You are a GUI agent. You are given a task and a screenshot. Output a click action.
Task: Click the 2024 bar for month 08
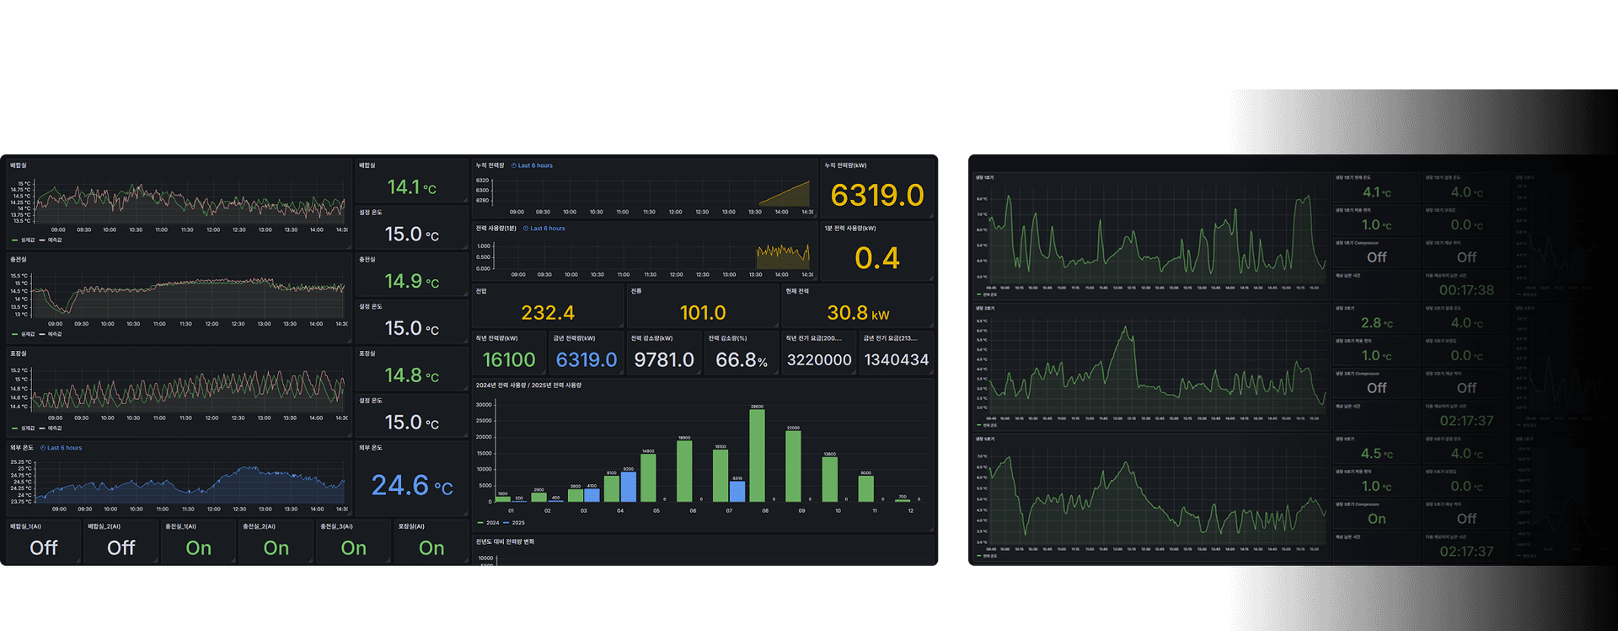(x=757, y=456)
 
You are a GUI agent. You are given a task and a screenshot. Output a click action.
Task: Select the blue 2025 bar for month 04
(x=628, y=487)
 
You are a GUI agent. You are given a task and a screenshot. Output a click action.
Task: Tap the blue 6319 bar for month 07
(x=737, y=491)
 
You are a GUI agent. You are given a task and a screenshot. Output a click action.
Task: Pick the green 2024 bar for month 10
(x=829, y=479)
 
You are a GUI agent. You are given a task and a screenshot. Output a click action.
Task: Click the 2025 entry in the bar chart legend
(x=514, y=523)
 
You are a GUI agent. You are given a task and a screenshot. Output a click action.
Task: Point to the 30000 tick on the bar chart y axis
(x=484, y=405)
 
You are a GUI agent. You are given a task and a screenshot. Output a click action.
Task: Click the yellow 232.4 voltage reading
(x=548, y=313)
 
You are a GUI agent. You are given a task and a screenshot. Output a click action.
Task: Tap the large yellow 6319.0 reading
(x=877, y=196)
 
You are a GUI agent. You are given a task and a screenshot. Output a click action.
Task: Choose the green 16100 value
(x=509, y=360)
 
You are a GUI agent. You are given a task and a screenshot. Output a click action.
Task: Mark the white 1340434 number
(x=897, y=360)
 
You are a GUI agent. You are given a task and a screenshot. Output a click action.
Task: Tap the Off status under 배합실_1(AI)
(x=44, y=548)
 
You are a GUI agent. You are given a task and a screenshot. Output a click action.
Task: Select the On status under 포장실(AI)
(x=431, y=548)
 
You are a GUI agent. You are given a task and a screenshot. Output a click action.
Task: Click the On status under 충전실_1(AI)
(x=199, y=548)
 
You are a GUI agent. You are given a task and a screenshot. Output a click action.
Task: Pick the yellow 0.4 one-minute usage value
(x=877, y=258)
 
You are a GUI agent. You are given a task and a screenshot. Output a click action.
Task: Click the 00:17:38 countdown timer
(x=1466, y=290)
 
